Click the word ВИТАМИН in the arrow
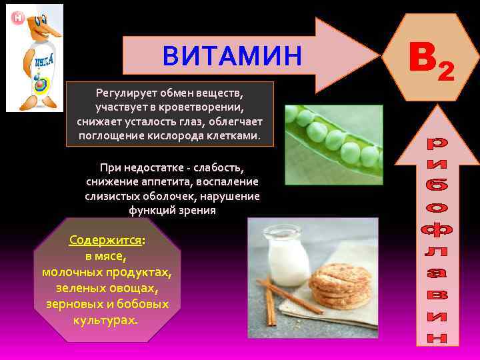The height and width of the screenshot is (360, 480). click(x=232, y=57)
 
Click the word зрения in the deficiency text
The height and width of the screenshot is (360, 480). click(x=197, y=211)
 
